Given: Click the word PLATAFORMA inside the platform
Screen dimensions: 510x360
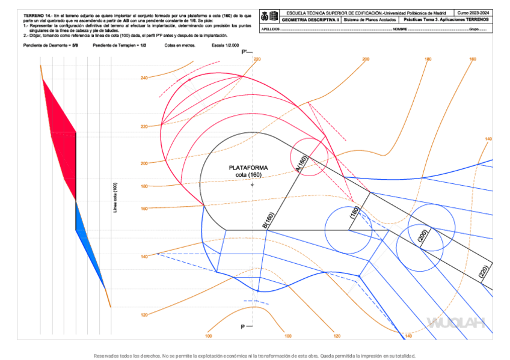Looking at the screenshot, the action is click(248, 168).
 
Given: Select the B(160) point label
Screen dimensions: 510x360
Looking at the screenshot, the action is click(268, 221).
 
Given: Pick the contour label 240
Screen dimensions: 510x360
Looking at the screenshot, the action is click(144, 78).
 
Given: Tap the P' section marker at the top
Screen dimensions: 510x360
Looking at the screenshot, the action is click(245, 53).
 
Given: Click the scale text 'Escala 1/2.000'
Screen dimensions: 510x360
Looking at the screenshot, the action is click(226, 46).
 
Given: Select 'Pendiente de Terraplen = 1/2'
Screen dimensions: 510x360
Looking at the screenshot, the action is click(120, 46).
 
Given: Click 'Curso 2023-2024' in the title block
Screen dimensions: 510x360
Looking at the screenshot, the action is click(473, 13).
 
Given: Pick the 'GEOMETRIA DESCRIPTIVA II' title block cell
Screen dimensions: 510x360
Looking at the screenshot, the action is click(310, 20).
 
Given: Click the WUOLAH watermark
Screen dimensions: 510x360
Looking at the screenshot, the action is click(456, 323).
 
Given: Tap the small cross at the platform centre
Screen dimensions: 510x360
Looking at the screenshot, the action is click(253, 185).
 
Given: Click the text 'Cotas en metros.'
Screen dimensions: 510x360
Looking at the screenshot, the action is click(179, 46).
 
